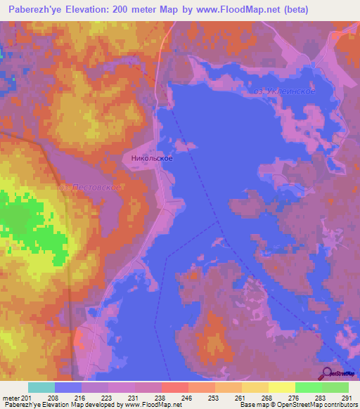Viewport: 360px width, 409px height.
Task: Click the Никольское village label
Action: [x=152, y=159]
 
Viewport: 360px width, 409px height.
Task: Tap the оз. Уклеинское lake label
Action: [x=284, y=91]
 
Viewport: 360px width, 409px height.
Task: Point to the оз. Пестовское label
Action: [x=91, y=188]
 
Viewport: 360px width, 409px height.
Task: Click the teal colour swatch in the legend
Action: [x=41, y=387]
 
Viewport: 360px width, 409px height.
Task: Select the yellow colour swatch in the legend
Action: [x=281, y=387]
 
